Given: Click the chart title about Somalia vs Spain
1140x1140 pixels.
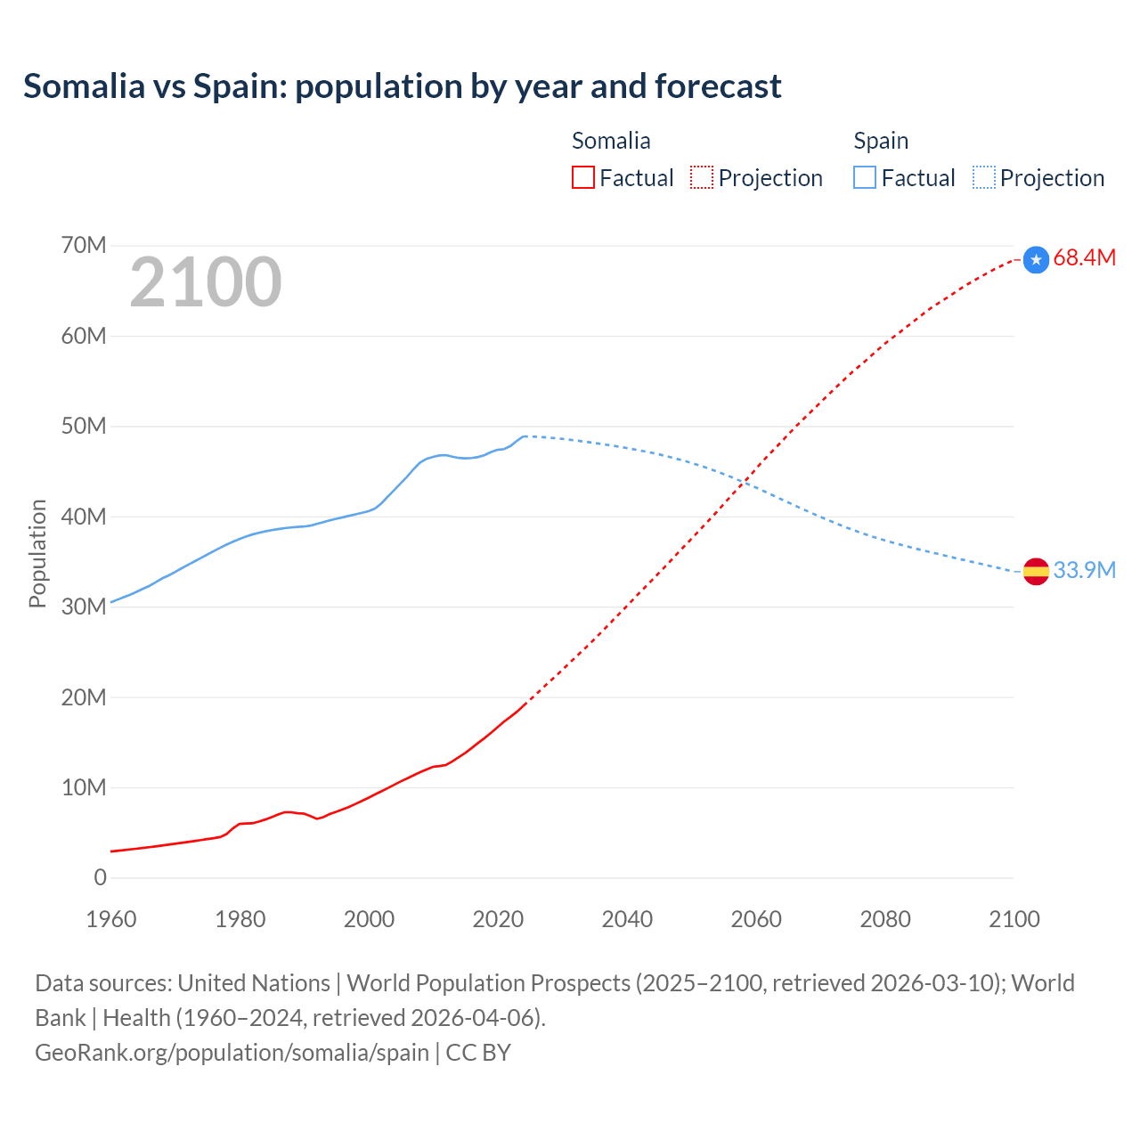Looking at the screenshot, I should pyautogui.click(x=402, y=86).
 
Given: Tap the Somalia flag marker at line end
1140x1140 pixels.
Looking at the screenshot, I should pyautogui.click(x=1036, y=259).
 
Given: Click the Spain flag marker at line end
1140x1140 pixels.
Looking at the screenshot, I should pyautogui.click(x=1036, y=571).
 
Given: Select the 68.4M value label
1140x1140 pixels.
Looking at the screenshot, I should pyautogui.click(x=1084, y=258).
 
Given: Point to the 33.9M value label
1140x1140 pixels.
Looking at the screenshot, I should pyautogui.click(x=1084, y=570).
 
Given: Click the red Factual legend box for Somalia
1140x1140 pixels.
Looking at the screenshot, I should pyautogui.click(x=583, y=178).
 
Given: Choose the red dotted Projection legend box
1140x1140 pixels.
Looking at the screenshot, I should pyautogui.click(x=702, y=178).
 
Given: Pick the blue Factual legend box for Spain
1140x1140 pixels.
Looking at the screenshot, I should pyautogui.click(x=865, y=178).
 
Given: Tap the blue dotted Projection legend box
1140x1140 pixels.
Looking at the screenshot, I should pyautogui.click(x=984, y=178).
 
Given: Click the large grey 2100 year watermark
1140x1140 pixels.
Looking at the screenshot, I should pyautogui.click(x=206, y=283).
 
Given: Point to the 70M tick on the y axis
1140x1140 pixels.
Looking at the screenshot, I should pyautogui.click(x=84, y=246).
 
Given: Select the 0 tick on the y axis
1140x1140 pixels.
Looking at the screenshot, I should pyautogui.click(x=100, y=878).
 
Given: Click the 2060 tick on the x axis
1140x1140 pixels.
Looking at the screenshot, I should pyautogui.click(x=756, y=919).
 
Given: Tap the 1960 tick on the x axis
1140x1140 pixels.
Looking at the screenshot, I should pyautogui.click(x=111, y=919).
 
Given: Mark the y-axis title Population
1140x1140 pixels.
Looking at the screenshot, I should pyautogui.click(x=37, y=553).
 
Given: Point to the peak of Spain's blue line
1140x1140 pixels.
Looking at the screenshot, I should pyautogui.click(x=525, y=436).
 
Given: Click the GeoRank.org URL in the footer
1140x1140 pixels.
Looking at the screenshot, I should pyautogui.click(x=232, y=1053).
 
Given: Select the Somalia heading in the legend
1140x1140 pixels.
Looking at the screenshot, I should pyautogui.click(x=611, y=141).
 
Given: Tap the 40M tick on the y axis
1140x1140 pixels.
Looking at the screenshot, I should pyautogui.click(x=84, y=517).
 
